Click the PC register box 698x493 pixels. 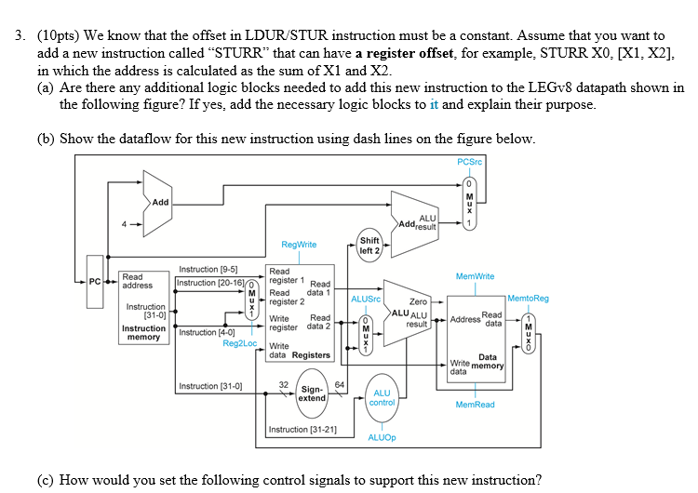coord(95,282)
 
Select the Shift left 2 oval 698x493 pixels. coord(369,246)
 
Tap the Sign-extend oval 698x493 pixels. coord(312,394)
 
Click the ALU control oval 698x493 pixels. coord(382,398)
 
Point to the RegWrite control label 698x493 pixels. coord(299,245)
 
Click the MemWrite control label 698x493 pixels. coord(475,276)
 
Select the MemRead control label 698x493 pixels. coord(475,405)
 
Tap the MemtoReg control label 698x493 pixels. coord(528,298)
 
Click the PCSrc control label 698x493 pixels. coord(470,162)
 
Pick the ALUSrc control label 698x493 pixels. coord(366,299)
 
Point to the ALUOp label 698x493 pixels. coord(382,437)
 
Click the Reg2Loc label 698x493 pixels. coord(240,343)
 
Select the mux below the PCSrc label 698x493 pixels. coord(469,204)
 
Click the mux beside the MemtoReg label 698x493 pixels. coord(529,333)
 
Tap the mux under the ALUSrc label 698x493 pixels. coord(366,335)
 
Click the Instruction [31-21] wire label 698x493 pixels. coord(302,430)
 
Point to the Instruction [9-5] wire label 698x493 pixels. coord(208,269)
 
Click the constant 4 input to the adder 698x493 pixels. coord(125,224)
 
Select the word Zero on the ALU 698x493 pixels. coord(418,301)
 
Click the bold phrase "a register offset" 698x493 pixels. coord(404,53)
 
